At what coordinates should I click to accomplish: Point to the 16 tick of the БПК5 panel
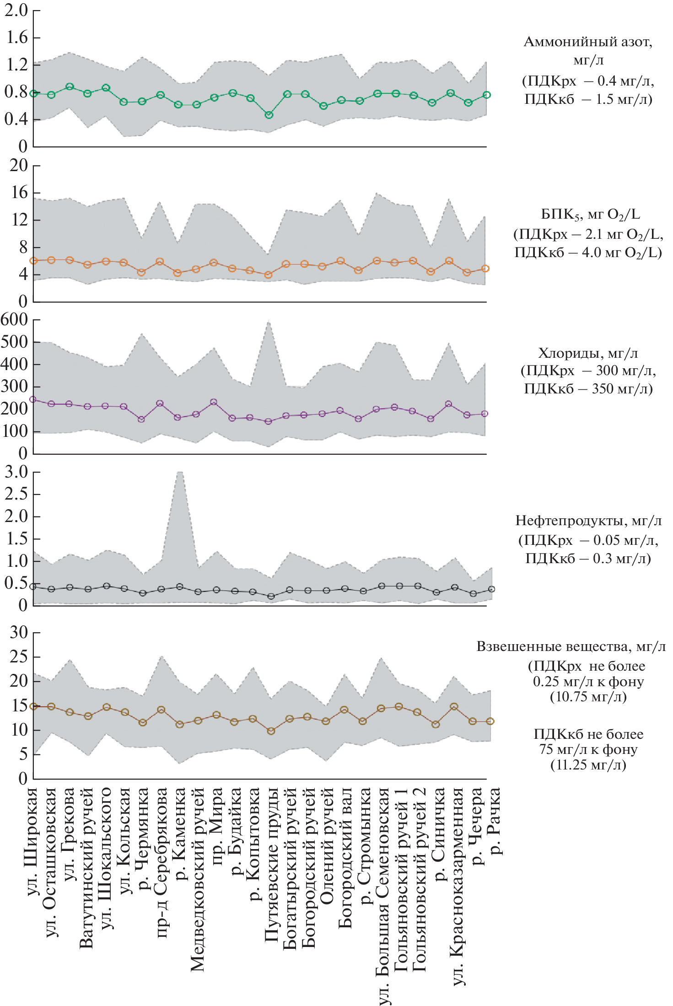point(20,193)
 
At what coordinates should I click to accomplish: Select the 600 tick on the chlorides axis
point(15,319)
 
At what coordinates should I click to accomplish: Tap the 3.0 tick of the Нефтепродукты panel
point(16,472)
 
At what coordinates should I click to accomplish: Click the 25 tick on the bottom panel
point(19,657)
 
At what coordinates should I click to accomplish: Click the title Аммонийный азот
point(588,42)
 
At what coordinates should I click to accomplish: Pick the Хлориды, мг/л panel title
point(588,353)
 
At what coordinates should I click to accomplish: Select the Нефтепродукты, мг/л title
point(588,521)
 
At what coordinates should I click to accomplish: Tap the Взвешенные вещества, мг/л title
point(571,646)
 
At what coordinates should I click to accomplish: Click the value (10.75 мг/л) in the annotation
point(588,697)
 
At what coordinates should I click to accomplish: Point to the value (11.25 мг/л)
point(588,765)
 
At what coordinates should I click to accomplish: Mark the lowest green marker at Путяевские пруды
point(269,115)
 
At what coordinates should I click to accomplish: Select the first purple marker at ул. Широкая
point(33,399)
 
